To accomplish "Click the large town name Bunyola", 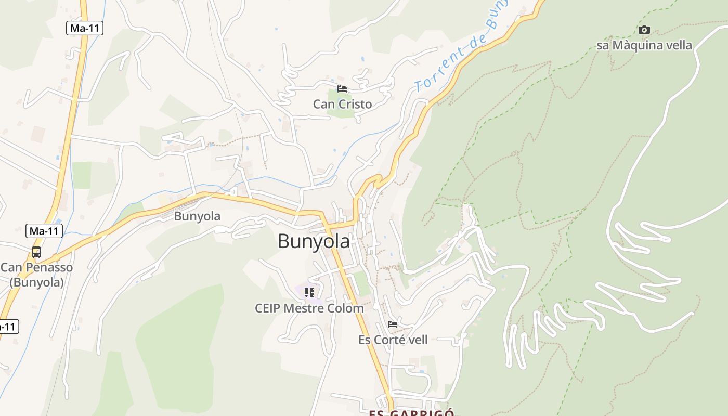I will point(314,241).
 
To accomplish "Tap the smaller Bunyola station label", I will point(197,216).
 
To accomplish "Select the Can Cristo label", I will point(342,104).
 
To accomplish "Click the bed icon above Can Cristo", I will point(342,88).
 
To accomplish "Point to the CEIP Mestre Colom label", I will point(309,308).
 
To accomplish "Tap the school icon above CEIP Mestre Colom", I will point(309,292).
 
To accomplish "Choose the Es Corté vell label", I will point(393,340).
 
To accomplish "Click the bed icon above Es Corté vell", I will point(393,324).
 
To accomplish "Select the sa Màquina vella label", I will point(644,45).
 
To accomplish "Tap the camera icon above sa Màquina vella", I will point(644,30).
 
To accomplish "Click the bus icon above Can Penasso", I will point(36,252).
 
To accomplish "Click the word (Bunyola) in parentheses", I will point(36,282).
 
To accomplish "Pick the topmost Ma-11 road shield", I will point(85,28).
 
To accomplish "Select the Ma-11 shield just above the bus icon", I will point(44,231).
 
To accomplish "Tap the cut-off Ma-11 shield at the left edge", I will point(8,327).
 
